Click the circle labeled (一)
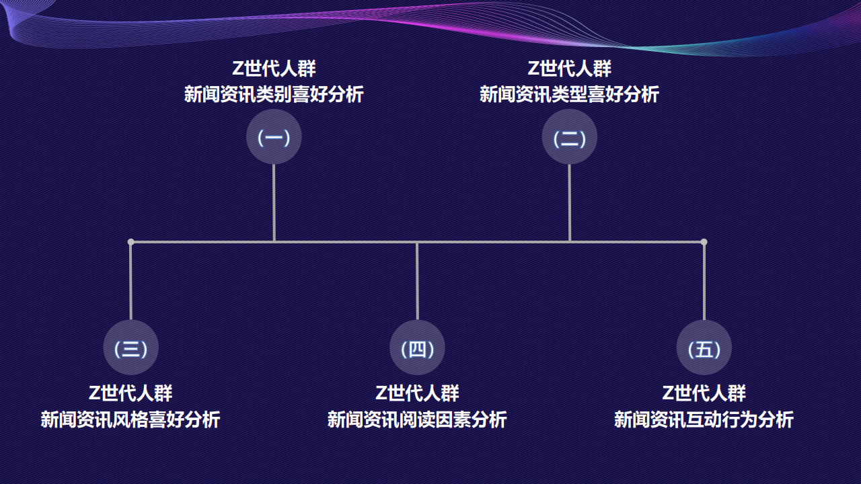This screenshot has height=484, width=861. coord(274,137)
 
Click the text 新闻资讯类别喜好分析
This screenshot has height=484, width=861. coord(274,94)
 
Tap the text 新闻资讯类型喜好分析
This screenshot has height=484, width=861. coord(569,94)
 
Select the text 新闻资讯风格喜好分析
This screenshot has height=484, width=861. coord(130,419)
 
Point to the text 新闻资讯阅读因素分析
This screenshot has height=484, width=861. coord(417,419)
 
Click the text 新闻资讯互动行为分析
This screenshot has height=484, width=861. coord(704,419)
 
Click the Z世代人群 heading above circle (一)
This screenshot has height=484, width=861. coord(274,69)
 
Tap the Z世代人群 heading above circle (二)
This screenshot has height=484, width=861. coord(569,69)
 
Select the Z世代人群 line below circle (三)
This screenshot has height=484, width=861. coord(130,393)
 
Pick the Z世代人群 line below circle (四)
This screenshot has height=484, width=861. coord(417,393)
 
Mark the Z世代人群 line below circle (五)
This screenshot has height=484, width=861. coord(704,393)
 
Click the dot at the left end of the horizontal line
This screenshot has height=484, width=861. coord(130,242)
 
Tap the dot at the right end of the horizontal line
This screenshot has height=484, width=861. coord(704,242)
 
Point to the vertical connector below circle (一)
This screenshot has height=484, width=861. coord(274,202)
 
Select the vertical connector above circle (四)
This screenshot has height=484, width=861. coord(417,281)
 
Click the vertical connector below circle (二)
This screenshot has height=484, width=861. coord(569,202)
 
